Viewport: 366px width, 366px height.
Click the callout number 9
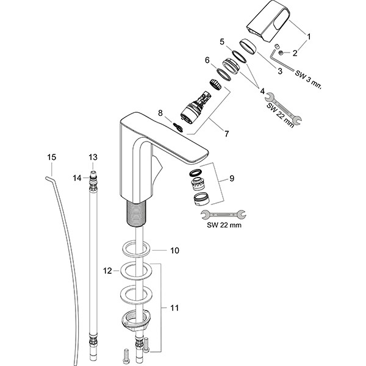pyautogui.click(x=232, y=179)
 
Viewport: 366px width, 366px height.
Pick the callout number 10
pyautogui.click(x=174, y=250)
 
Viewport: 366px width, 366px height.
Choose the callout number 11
pyautogui.click(x=174, y=308)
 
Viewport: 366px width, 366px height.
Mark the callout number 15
pyautogui.click(x=52, y=157)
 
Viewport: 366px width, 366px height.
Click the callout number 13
pyautogui.click(x=93, y=157)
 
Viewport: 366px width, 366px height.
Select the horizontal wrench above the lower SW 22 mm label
pyautogui.click(x=224, y=213)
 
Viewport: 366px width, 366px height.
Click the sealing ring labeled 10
pyautogui.click(x=135, y=249)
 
